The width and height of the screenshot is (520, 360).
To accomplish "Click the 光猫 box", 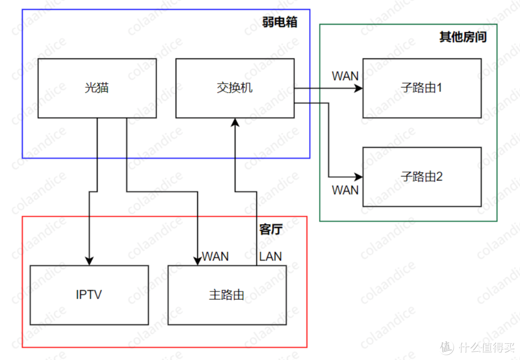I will [x=97, y=88].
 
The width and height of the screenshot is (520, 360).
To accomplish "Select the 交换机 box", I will [x=234, y=88].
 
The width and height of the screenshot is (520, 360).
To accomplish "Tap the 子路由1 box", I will [x=422, y=88].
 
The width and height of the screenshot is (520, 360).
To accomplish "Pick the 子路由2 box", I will [x=422, y=177].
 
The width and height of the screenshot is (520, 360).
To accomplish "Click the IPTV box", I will [x=89, y=295].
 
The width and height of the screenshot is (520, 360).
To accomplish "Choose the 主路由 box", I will [x=227, y=295].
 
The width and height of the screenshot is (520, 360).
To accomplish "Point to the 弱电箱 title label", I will [x=280, y=22].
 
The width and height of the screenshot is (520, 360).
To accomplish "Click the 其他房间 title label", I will [x=463, y=37].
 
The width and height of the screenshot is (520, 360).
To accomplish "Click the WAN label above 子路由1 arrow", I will [x=345, y=76].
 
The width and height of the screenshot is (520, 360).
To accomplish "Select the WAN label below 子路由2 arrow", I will [x=345, y=190].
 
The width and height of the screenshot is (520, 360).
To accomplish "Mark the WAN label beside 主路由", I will [x=215, y=256].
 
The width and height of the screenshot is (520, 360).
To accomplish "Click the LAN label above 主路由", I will [x=271, y=256].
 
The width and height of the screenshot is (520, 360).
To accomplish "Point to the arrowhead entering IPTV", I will [x=89, y=261].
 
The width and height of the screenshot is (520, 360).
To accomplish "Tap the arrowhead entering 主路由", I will [x=197, y=261].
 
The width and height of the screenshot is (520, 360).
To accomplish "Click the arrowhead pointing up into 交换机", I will [x=235, y=122].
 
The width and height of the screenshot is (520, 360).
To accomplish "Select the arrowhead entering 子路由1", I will [x=359, y=89].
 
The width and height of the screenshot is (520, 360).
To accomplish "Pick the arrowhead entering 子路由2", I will [x=359, y=177].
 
